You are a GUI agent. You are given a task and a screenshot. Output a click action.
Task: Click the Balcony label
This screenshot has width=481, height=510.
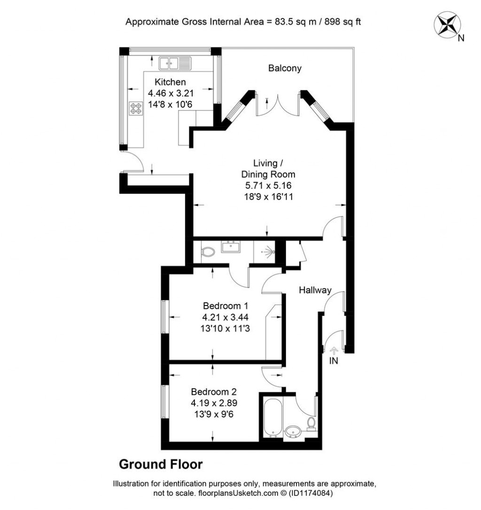click(285, 68)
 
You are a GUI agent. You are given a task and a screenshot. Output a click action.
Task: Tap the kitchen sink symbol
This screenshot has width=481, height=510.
click(175, 63)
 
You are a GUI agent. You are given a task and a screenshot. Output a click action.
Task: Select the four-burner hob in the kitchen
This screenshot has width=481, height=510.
click(136, 109)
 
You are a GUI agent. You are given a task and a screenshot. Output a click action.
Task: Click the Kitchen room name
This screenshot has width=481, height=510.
click(170, 82)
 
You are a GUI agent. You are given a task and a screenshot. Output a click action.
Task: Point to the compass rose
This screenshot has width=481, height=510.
click(447, 25)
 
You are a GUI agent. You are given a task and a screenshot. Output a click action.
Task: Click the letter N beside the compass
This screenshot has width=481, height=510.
click(461, 39)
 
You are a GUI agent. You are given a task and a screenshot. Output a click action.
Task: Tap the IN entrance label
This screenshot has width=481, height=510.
click(334, 361)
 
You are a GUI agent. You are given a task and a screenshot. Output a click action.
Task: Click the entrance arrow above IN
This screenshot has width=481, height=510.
click(334, 351)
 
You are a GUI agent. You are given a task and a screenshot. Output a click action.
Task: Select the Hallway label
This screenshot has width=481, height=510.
click(315, 290)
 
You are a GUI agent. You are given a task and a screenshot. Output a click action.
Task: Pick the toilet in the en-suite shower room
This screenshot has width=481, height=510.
click(208, 251)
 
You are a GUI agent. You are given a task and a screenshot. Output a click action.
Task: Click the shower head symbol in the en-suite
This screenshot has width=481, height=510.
click(269, 251)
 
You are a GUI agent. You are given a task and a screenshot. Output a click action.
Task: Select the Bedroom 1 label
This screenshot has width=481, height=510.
click(225, 306)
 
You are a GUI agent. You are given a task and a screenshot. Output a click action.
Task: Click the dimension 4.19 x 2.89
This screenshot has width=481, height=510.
click(214, 403)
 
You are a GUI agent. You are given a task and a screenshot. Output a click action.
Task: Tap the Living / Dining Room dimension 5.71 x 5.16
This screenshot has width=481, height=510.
click(268, 186)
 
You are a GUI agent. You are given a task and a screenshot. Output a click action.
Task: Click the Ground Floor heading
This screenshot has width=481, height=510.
click(161, 464)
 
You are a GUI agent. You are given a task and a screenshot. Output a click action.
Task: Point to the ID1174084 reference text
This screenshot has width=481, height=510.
click(310, 493)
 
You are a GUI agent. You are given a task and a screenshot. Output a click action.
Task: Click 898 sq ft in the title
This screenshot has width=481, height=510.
click(342, 22)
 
